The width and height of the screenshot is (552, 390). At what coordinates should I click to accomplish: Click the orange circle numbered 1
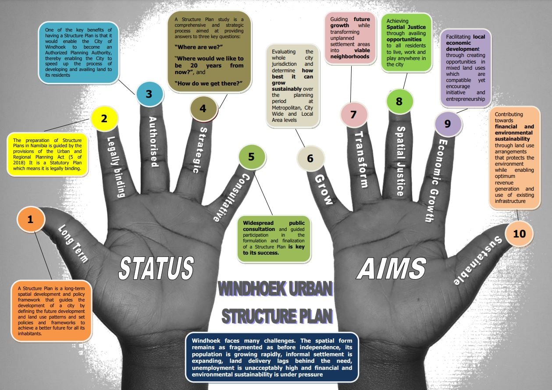point(31,219)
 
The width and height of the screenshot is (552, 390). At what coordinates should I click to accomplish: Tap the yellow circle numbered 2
point(104,119)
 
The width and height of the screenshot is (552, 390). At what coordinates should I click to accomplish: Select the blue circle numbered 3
point(150,94)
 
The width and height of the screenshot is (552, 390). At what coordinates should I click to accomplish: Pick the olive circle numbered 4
point(203,108)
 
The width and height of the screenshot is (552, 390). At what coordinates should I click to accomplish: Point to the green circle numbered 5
point(252,157)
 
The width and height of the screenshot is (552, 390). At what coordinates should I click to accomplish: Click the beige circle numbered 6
point(310,159)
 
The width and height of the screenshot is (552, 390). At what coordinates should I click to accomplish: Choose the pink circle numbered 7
point(354,114)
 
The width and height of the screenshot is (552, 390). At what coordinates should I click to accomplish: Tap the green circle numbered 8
point(399,101)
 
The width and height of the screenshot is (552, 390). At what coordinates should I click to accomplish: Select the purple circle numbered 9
point(448,124)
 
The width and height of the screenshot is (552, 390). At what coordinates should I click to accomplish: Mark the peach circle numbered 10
point(519,234)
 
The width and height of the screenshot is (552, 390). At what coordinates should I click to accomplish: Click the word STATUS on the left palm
point(156,268)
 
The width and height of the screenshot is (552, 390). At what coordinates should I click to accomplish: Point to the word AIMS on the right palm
point(392,268)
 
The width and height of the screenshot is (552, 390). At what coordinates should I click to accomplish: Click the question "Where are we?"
point(199,47)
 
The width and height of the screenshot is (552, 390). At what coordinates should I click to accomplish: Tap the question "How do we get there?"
point(208,84)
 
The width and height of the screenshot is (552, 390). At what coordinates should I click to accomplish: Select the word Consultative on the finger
point(231,198)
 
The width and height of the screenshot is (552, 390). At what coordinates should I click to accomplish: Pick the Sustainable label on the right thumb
point(477,261)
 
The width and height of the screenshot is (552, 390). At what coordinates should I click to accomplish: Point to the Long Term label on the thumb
point(73,244)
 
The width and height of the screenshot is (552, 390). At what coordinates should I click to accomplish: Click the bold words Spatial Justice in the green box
point(406,27)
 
